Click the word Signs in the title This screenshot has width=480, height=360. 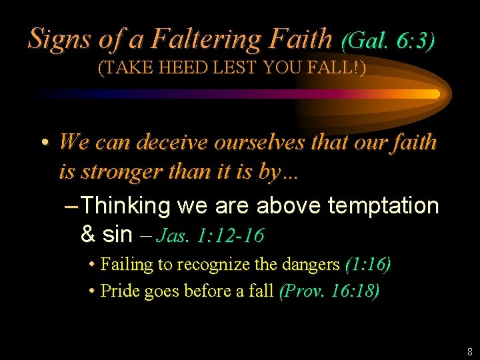[x=58, y=39]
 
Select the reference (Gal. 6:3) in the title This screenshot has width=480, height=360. [x=388, y=41]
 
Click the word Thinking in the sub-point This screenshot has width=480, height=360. [x=127, y=206]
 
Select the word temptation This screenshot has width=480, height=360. [x=383, y=206]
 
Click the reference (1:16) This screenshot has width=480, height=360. [x=367, y=265]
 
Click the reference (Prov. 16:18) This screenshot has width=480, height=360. [x=329, y=291]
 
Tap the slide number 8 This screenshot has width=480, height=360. [x=470, y=351]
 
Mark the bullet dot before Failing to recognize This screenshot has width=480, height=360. [x=91, y=265]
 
